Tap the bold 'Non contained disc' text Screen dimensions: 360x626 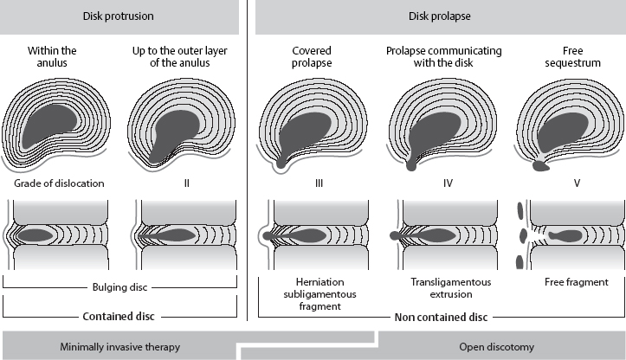(441, 317)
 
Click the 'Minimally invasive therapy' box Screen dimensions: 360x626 (119, 346)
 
